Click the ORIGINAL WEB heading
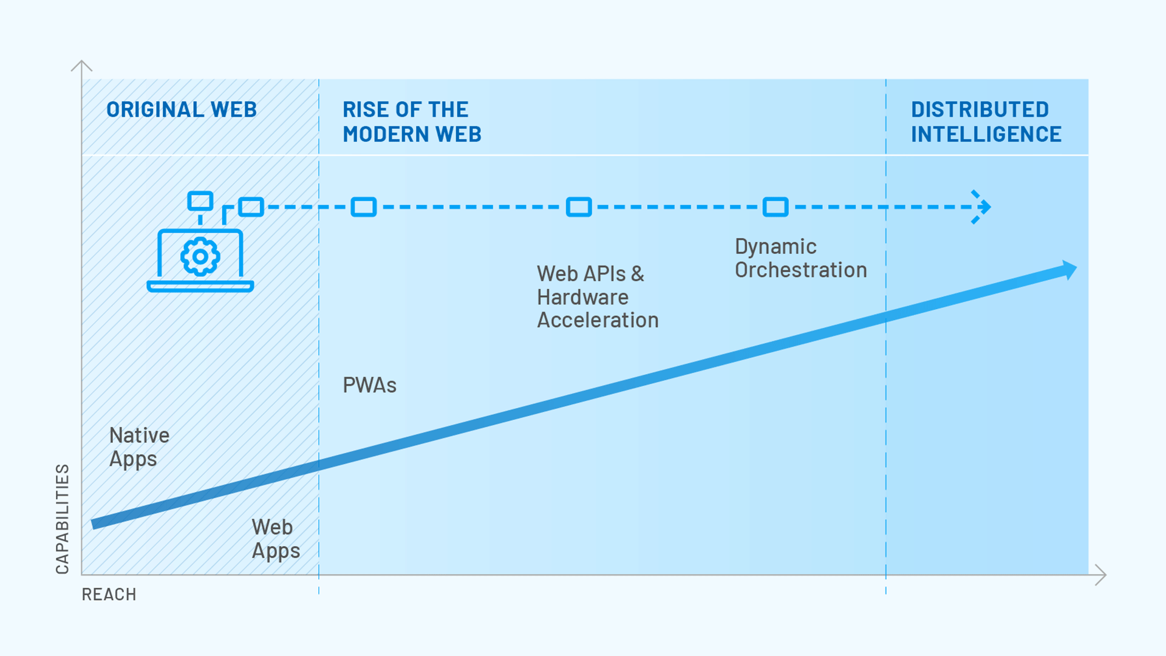pyautogui.click(x=182, y=110)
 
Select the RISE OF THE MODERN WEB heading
pyautogui.click(x=412, y=122)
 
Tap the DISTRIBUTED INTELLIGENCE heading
pyautogui.click(x=986, y=122)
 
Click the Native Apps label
pyautogui.click(x=139, y=447)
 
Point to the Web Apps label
pyautogui.click(x=276, y=539)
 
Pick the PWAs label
pyautogui.click(x=369, y=385)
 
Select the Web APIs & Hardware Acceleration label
pyautogui.click(x=598, y=297)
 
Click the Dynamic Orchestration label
pyautogui.click(x=801, y=258)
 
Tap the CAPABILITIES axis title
pyautogui.click(x=63, y=519)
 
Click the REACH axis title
pyautogui.click(x=109, y=595)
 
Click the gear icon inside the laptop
pyautogui.click(x=200, y=257)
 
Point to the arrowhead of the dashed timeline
pyautogui.click(x=982, y=207)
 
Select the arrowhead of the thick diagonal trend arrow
pyautogui.click(x=1068, y=270)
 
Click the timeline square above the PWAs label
pyautogui.click(x=364, y=207)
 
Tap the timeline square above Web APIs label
pyautogui.click(x=579, y=207)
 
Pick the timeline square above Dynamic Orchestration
pyautogui.click(x=776, y=207)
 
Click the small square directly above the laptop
pyautogui.click(x=200, y=201)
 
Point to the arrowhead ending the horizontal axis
pyautogui.click(x=1101, y=575)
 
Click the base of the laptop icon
pyautogui.click(x=200, y=287)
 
